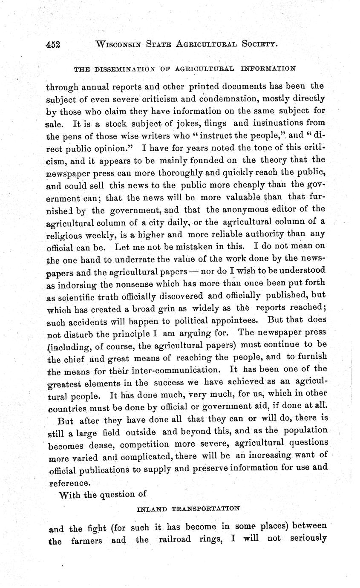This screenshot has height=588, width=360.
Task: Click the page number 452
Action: pyautogui.click(x=53, y=44)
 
